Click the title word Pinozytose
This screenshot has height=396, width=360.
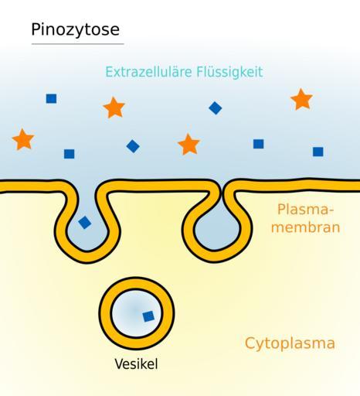(75, 30)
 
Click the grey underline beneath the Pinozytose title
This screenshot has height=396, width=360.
(78, 44)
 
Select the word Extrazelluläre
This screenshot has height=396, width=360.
(148, 72)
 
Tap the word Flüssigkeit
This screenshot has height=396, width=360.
(229, 72)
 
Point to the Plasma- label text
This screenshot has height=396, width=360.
(306, 210)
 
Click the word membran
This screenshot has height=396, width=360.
(306, 228)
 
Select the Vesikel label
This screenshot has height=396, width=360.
(136, 364)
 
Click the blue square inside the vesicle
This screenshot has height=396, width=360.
(148, 316)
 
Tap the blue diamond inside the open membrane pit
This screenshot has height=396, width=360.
(85, 223)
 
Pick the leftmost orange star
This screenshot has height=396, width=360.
(23, 139)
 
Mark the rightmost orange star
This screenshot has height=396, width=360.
(301, 99)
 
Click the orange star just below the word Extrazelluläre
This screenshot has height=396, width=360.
(114, 108)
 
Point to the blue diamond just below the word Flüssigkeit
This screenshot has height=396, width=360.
(216, 108)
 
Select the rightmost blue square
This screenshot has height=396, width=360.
(318, 152)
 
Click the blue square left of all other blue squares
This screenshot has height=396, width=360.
(51, 98)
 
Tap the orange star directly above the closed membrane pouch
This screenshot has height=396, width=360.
(188, 145)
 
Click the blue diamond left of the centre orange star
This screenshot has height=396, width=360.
(133, 146)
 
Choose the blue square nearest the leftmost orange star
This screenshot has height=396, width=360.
(69, 154)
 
